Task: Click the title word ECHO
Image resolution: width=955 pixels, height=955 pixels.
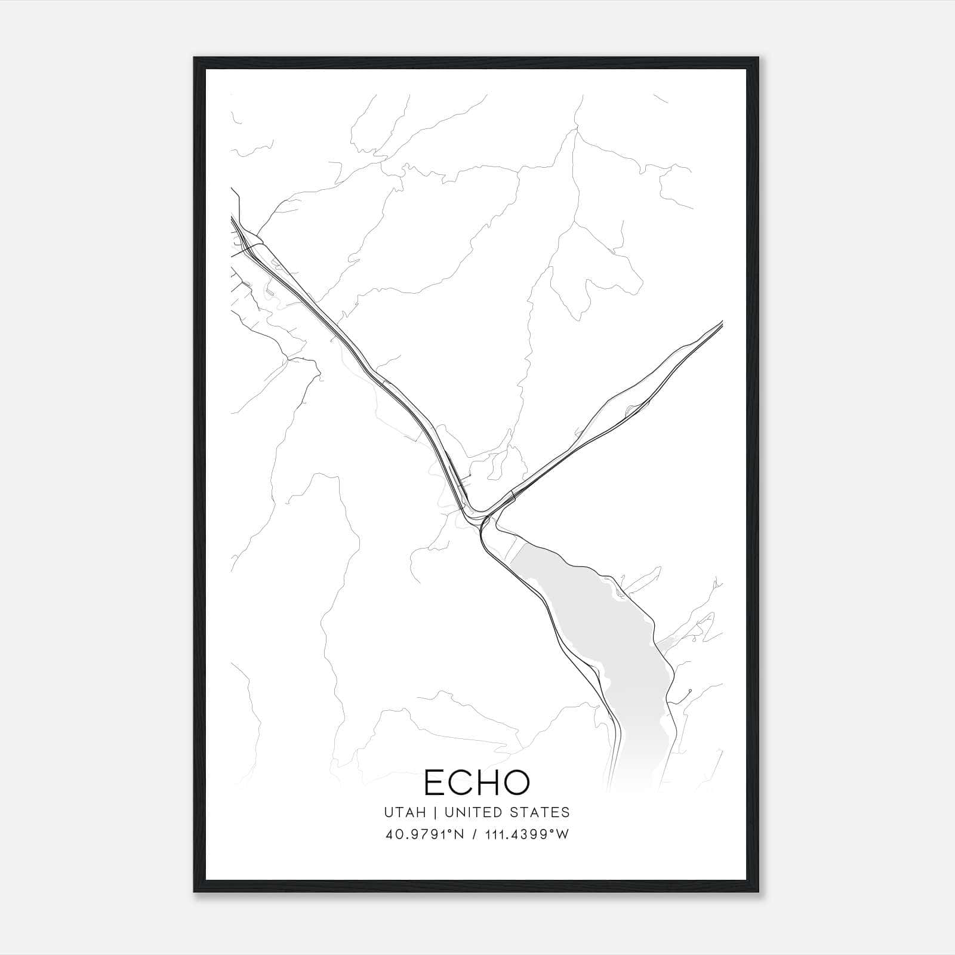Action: [x=476, y=783]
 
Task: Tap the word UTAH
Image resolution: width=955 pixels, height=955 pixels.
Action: [x=405, y=812]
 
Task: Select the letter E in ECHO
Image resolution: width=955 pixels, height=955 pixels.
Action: [x=434, y=783]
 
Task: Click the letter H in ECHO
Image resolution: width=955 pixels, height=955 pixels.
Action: [x=487, y=783]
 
